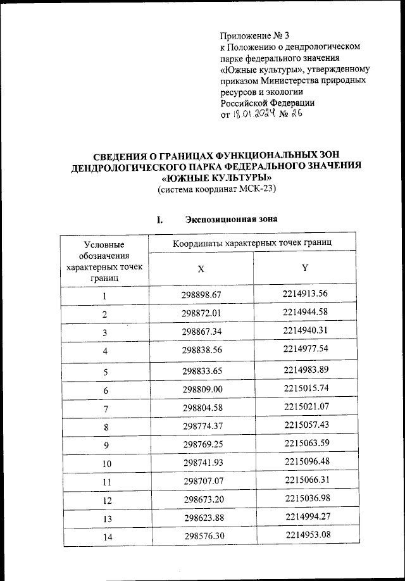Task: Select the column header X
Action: coord(200,268)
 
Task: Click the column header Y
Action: coord(305,267)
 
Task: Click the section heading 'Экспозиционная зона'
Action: coord(230,220)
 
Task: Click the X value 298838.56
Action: coord(201,349)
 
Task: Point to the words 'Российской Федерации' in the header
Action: coord(267,103)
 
